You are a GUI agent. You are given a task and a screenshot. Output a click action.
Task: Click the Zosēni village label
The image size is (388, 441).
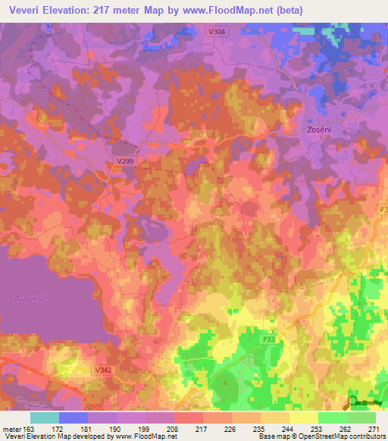click(x=320, y=130)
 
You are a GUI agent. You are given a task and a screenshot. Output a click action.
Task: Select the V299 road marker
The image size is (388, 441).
click(x=125, y=161)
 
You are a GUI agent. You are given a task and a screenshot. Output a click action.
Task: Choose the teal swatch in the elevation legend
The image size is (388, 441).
click(x=44, y=418)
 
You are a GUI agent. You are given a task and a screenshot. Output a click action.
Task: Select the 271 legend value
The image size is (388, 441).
click(x=373, y=428)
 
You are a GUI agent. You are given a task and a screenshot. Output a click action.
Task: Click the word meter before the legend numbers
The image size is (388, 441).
click(x=11, y=428)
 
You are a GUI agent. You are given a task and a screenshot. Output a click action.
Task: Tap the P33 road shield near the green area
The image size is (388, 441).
click(x=268, y=340)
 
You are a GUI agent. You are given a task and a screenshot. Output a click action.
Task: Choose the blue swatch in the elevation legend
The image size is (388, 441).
click(x=73, y=418)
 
